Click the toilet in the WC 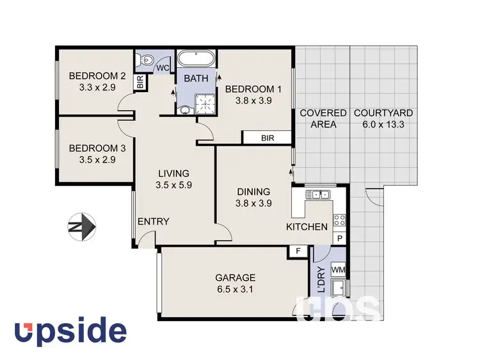click(x=146, y=61)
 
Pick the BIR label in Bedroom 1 click(x=267, y=137)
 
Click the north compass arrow click(x=81, y=226)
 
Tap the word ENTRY click(x=154, y=222)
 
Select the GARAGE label click(x=235, y=278)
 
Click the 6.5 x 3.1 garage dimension click(x=235, y=289)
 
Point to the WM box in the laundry click(x=338, y=270)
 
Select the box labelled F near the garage click(x=298, y=251)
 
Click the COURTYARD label click(x=383, y=113)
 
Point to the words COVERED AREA click(x=323, y=119)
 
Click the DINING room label click(x=253, y=192)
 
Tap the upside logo click(x=71, y=332)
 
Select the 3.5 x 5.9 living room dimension click(x=174, y=185)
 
